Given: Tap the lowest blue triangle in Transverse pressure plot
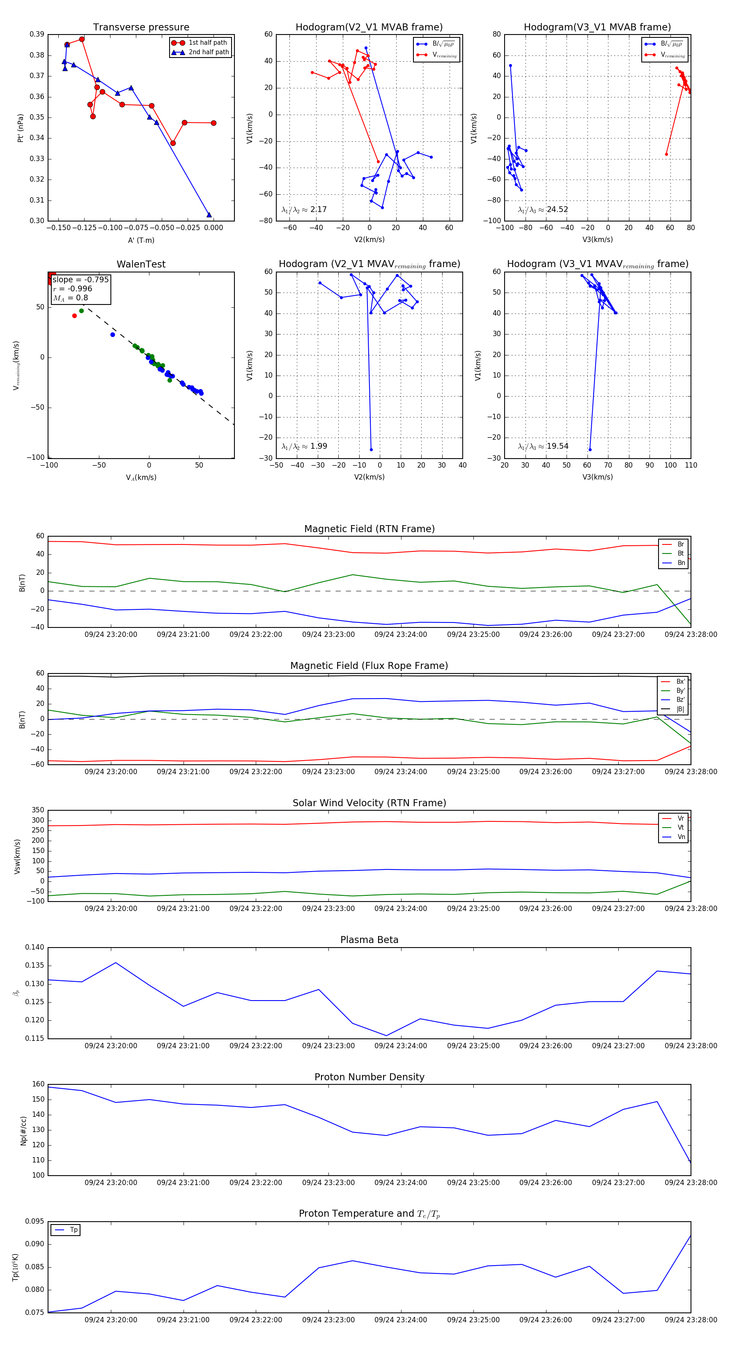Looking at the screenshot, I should (209, 215).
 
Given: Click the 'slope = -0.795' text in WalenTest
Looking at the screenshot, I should (80, 279).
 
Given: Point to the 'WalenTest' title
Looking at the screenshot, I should (141, 264).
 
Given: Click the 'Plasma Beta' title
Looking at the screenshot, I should (369, 940).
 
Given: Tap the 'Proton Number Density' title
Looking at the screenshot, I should (369, 1077).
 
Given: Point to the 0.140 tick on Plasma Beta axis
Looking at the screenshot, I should (35, 947).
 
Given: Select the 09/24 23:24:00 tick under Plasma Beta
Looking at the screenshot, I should (400, 1045).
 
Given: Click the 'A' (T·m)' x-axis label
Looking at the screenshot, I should (141, 240).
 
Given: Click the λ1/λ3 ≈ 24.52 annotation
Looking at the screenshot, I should (543, 210).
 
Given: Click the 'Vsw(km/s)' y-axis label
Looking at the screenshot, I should (17, 856).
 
